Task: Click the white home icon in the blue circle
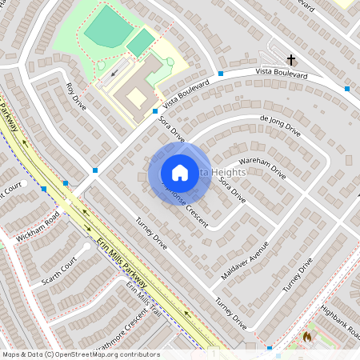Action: coord(180,173)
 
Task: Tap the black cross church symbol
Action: coord(292,60)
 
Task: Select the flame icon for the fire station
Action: coord(307,337)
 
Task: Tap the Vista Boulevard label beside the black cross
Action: coord(281,74)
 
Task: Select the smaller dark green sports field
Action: coord(141,42)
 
